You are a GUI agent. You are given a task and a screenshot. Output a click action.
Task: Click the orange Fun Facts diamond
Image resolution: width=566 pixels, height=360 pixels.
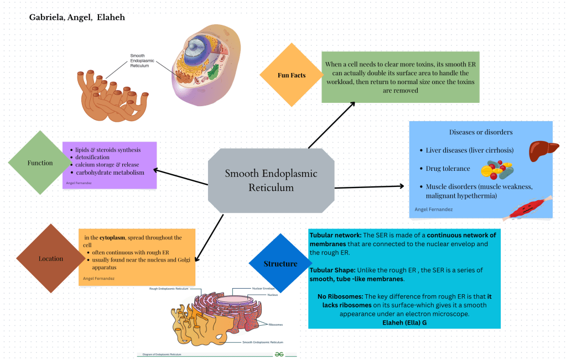pos(291,75)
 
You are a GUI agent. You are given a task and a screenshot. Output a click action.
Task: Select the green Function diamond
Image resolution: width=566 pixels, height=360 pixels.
pos(40,163)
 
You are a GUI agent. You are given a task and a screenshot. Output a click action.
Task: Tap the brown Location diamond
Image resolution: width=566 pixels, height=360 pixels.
pos(50,259)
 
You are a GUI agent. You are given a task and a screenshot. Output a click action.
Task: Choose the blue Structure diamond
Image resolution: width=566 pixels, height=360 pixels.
pos(280,264)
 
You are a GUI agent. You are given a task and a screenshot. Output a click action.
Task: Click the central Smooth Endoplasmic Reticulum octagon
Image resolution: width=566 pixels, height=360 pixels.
pos(271,180)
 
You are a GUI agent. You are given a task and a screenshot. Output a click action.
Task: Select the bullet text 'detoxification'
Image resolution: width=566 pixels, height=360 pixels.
pos(93,158)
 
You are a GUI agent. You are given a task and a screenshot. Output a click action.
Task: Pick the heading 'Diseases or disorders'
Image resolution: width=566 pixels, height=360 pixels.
pos(481,132)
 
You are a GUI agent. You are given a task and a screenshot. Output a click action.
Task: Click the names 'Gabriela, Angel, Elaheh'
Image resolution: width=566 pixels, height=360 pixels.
pos(77,18)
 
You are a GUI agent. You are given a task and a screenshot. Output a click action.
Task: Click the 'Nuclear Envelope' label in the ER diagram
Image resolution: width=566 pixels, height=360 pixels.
pos(264,289)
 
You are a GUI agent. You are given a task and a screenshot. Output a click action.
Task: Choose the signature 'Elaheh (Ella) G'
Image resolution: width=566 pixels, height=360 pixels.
pos(404,322)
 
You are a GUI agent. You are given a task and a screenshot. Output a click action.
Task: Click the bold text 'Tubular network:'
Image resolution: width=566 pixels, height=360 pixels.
pos(335,235)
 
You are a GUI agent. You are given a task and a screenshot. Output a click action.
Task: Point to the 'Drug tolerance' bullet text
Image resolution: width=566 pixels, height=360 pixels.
pos(448,168)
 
